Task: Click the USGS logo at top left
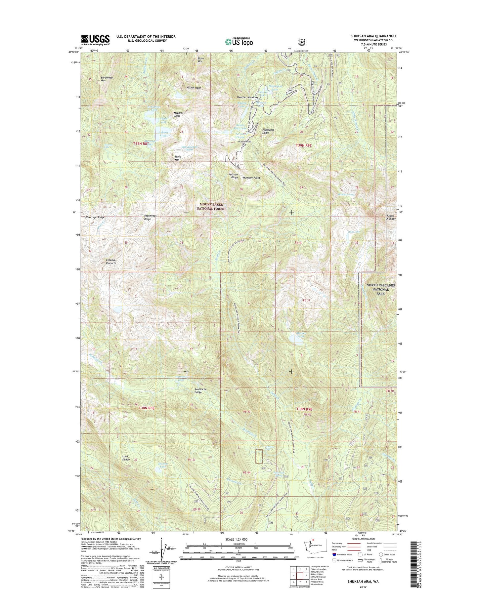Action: click(x=95, y=40)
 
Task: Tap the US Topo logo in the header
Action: click(x=239, y=41)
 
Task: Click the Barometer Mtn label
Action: click(x=107, y=79)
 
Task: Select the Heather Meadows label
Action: click(x=248, y=98)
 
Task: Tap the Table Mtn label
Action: click(x=177, y=158)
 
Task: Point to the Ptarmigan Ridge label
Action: click(x=148, y=217)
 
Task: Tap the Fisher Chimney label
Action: click(x=390, y=217)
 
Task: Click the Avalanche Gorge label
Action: click(x=200, y=391)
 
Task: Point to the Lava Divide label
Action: click(x=126, y=458)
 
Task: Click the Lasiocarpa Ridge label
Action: click(x=94, y=217)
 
